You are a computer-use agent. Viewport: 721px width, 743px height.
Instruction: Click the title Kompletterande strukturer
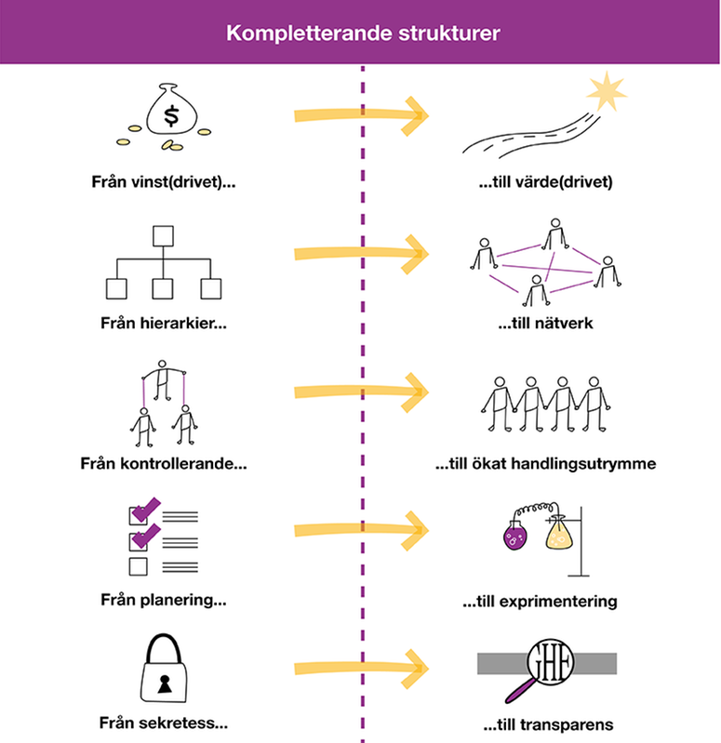coord(362,33)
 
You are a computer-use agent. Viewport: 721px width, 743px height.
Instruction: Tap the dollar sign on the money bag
coord(171,116)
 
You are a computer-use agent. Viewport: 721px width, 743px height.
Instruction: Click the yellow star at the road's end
coord(606,91)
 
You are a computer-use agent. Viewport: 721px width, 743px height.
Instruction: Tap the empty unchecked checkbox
coord(138,566)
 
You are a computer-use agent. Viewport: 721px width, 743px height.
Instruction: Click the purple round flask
coord(514,538)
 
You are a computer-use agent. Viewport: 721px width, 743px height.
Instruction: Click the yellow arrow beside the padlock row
coord(359,666)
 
